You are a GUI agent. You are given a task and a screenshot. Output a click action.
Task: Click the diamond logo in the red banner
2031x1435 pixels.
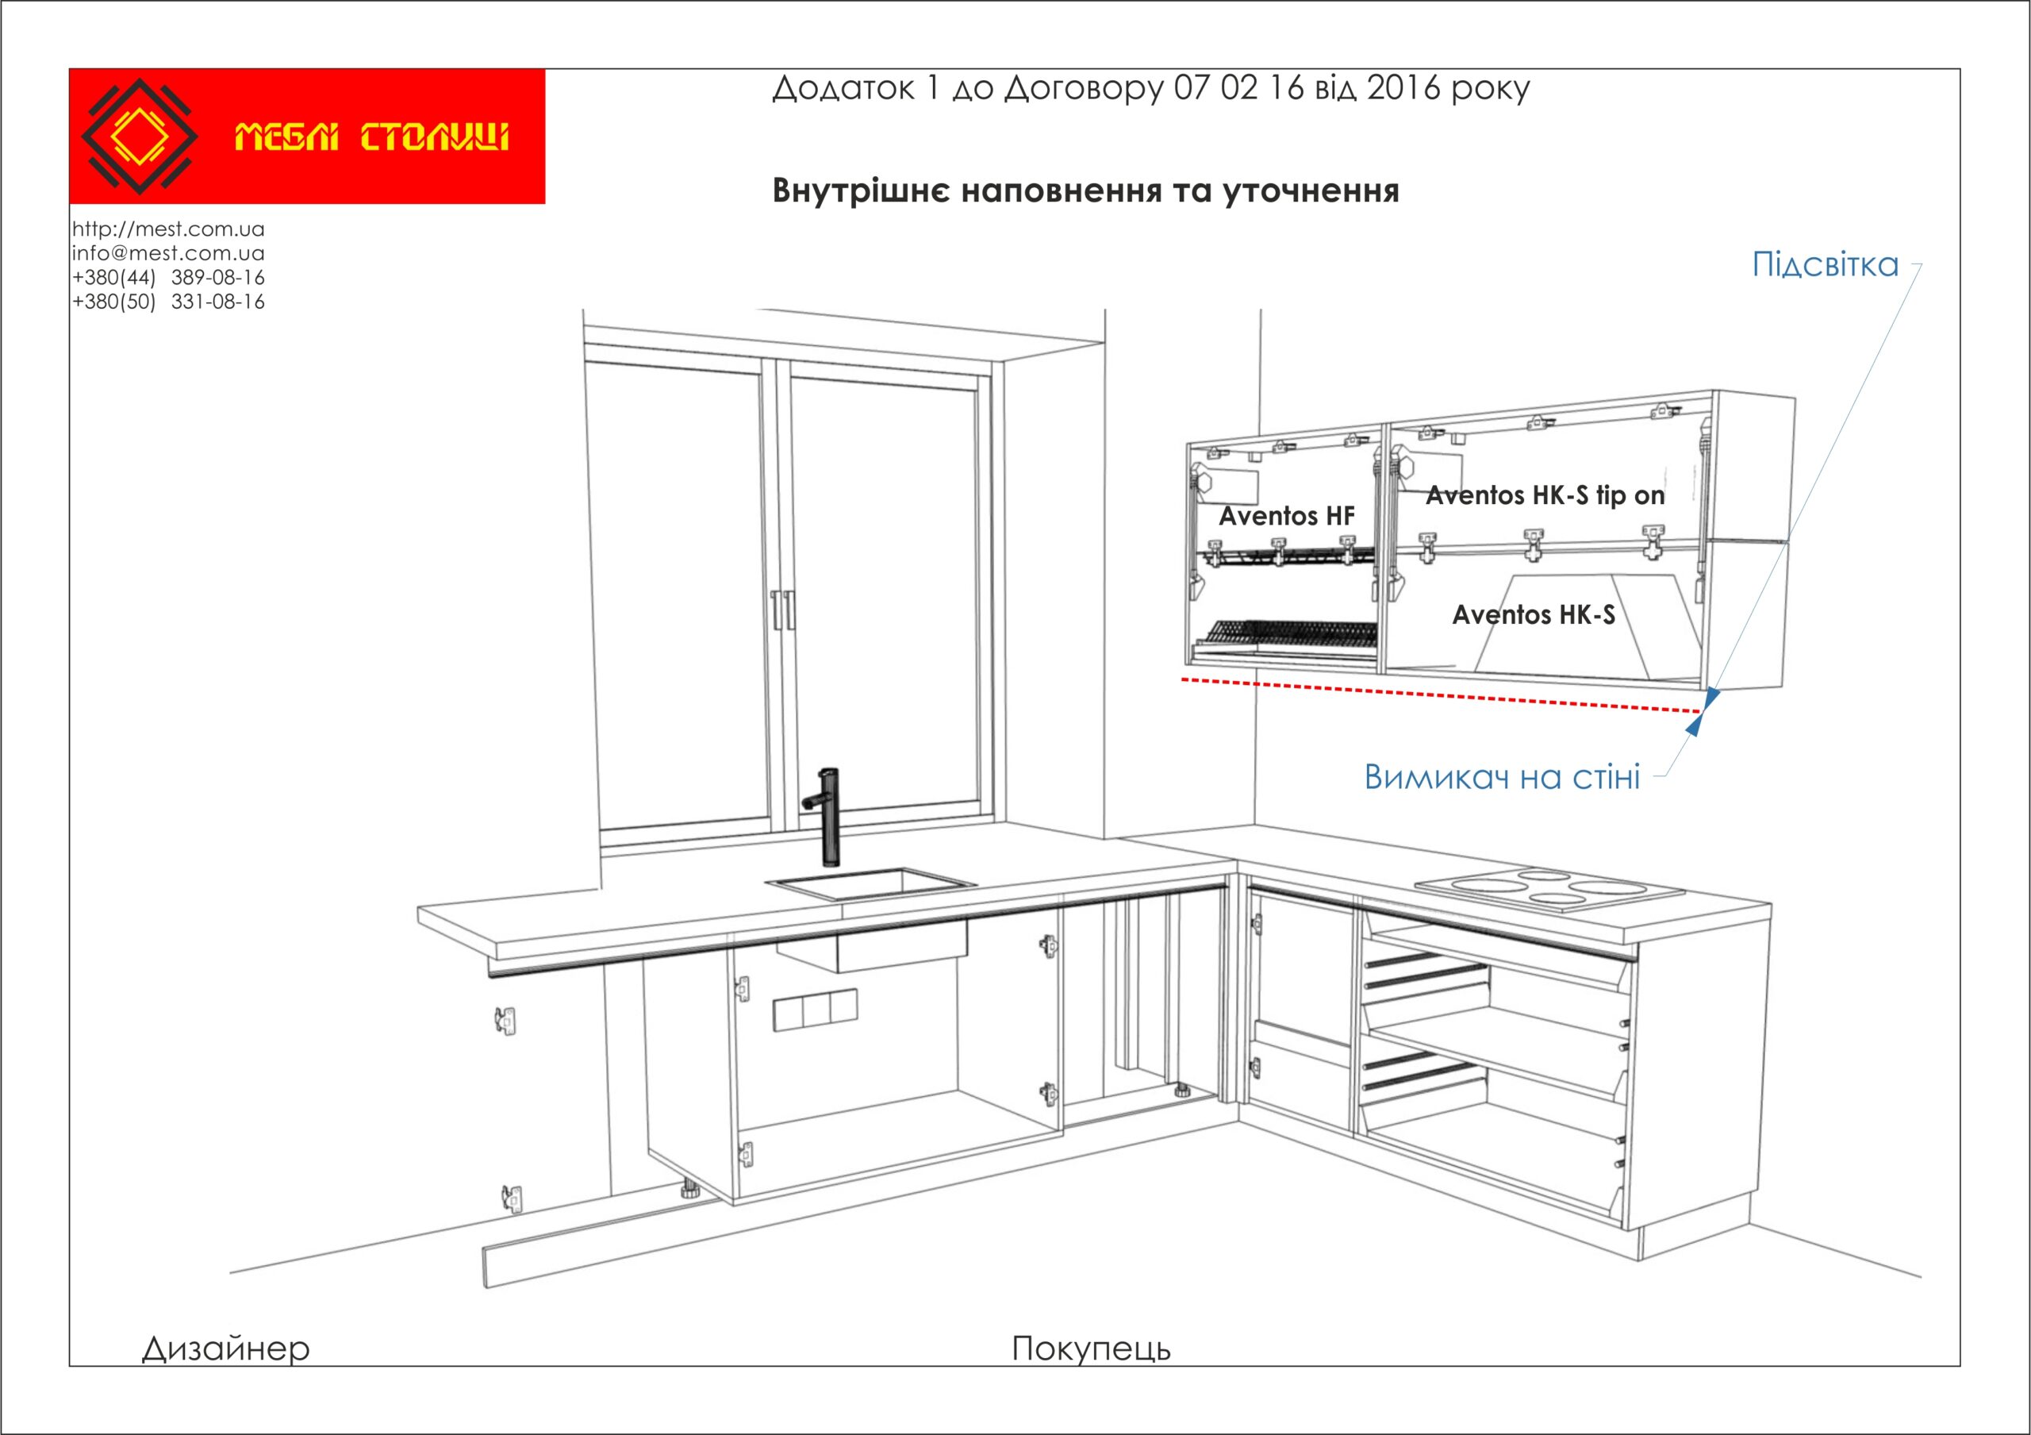(x=139, y=137)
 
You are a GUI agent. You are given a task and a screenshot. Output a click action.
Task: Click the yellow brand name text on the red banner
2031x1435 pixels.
(x=371, y=138)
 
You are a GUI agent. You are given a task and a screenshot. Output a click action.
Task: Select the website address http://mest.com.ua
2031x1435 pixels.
(x=168, y=229)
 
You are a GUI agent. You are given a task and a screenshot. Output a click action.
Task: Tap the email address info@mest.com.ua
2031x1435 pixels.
(x=168, y=253)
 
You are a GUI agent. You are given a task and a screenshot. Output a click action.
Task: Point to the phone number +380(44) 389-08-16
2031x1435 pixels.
(x=168, y=277)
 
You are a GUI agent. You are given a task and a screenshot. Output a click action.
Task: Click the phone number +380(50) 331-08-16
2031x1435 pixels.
(x=168, y=302)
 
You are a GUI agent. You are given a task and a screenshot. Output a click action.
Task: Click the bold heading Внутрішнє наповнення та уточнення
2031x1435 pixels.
(x=1085, y=191)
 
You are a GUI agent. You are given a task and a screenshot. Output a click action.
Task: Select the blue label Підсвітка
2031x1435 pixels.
(x=1826, y=264)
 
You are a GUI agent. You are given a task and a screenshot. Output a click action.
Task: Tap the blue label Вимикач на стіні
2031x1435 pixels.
(x=1502, y=777)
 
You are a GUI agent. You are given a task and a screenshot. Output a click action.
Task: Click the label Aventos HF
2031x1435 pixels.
(x=1287, y=516)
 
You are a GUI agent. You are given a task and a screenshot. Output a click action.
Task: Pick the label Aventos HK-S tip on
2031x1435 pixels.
(x=1545, y=495)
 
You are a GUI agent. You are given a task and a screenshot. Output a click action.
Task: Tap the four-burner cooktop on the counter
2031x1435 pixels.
(x=1549, y=889)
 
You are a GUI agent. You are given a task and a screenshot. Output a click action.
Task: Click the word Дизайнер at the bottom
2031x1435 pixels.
(x=226, y=1348)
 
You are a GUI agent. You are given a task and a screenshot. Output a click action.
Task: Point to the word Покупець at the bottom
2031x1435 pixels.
(x=1092, y=1348)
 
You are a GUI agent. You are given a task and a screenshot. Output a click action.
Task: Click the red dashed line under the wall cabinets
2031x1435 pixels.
(x=1441, y=695)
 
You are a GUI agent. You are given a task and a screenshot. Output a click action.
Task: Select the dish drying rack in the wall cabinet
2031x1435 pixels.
(x=1287, y=634)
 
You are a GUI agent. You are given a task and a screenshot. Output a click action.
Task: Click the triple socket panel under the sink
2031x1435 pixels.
(x=816, y=1011)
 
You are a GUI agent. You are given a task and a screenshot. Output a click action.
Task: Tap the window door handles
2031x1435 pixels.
(x=783, y=610)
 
